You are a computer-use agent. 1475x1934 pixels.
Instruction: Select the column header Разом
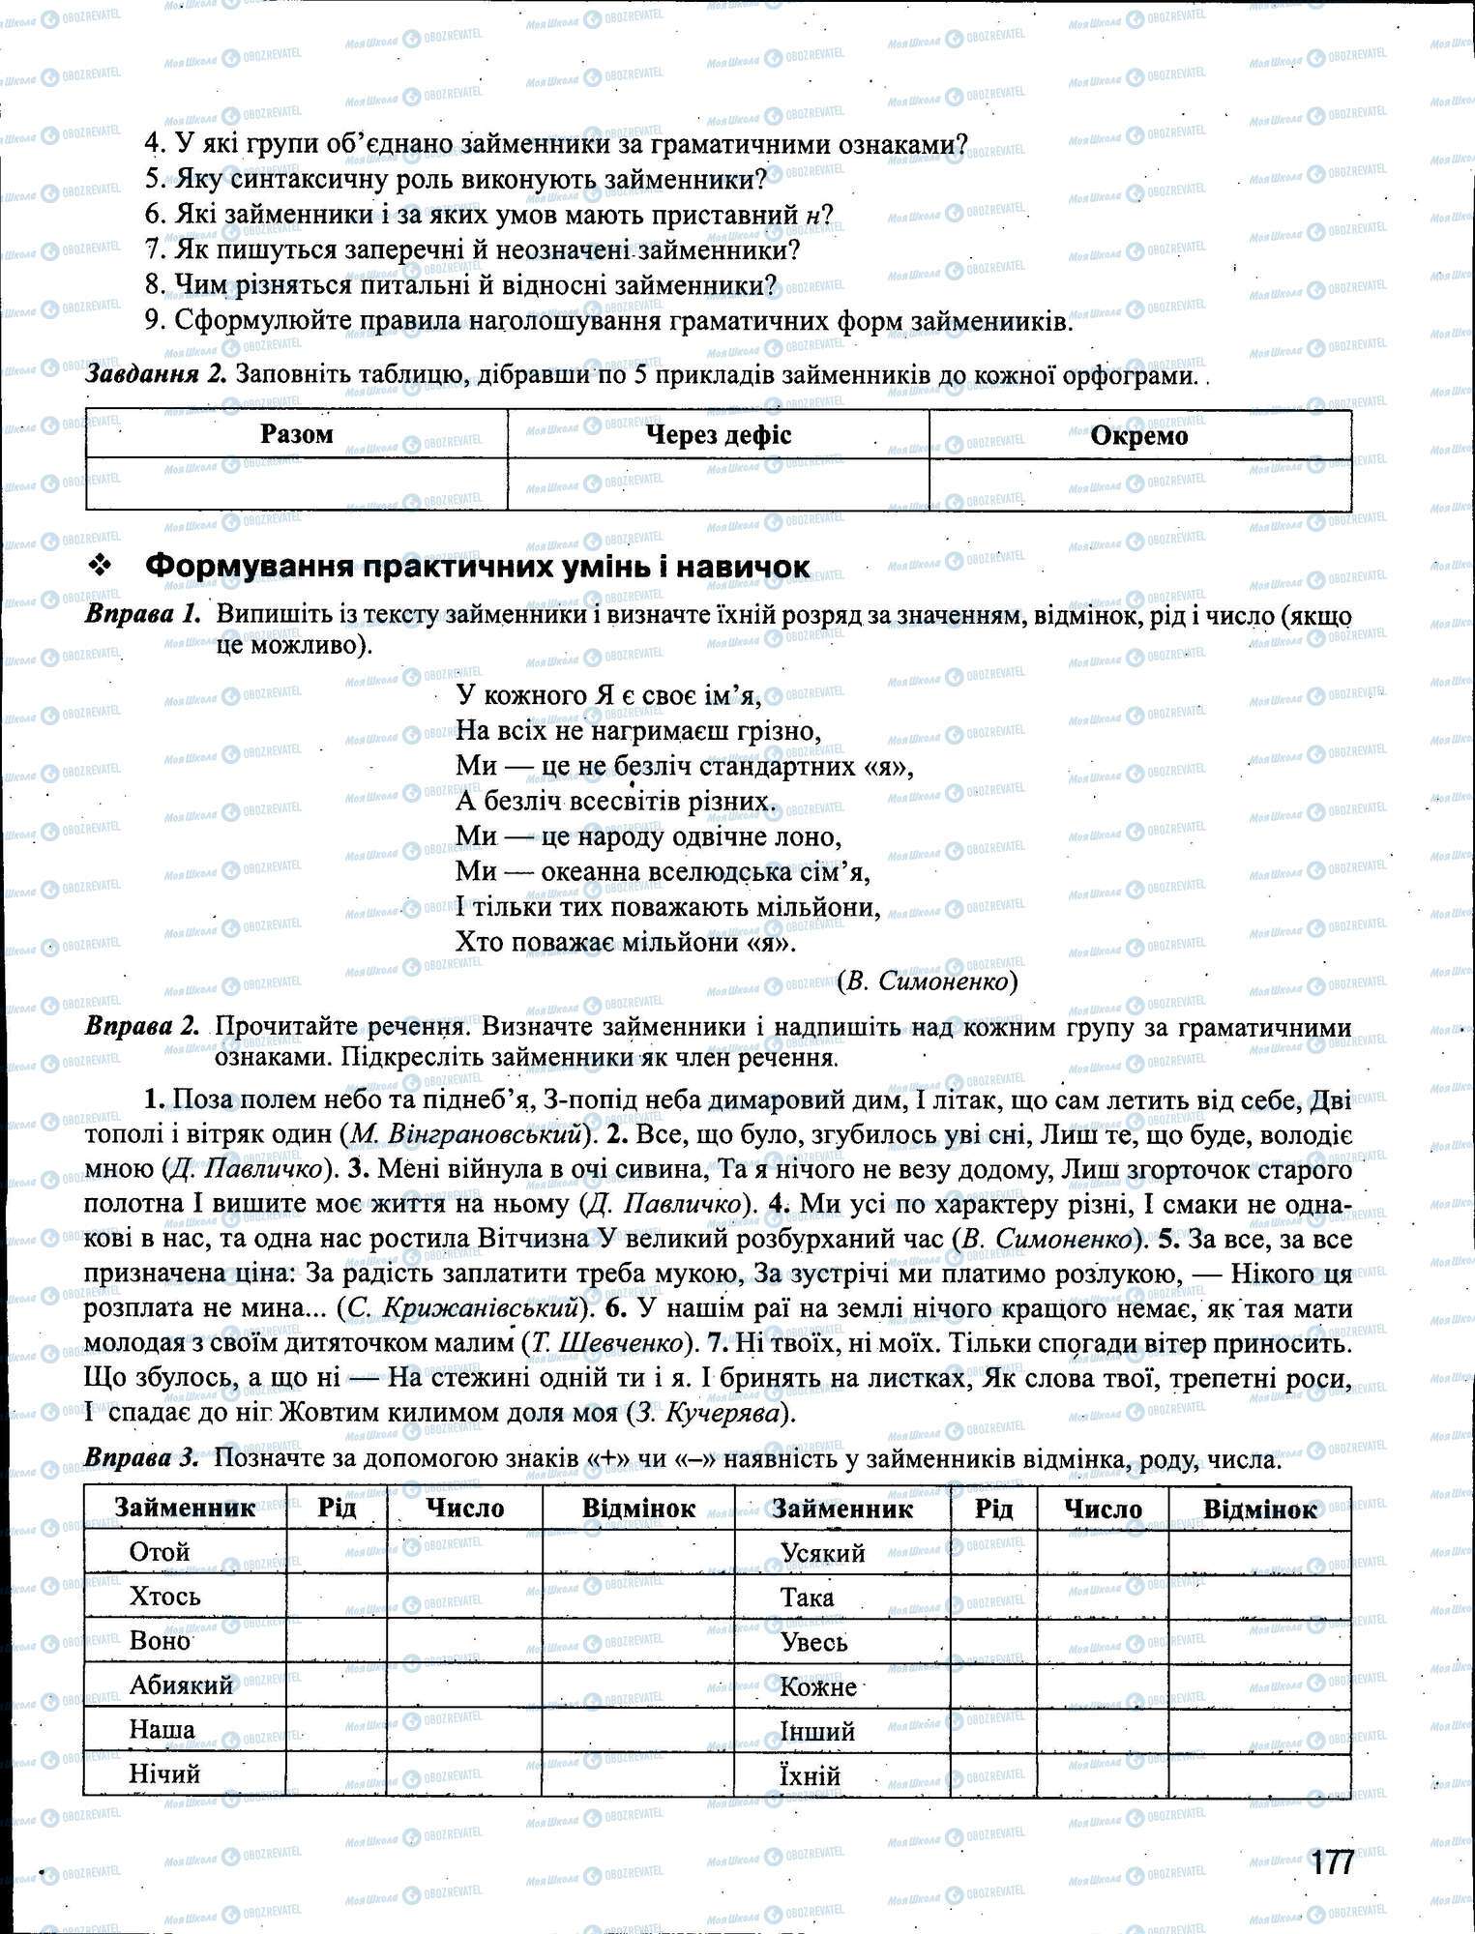pyautogui.click(x=296, y=434)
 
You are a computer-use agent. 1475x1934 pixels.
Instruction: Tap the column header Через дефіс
pyautogui.click(x=718, y=435)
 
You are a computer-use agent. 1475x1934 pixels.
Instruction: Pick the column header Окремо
pyautogui.click(x=1138, y=436)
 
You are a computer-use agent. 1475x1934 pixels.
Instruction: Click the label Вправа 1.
pyautogui.click(x=142, y=614)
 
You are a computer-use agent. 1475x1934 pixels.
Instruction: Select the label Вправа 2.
pyautogui.click(x=142, y=1027)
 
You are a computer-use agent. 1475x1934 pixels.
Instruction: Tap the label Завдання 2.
pyautogui.click(x=155, y=374)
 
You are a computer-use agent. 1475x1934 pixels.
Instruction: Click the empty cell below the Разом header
pyautogui.click(x=296, y=483)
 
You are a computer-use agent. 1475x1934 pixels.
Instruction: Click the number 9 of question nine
pyautogui.click(x=152, y=321)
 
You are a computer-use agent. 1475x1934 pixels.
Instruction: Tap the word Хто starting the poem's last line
pyautogui.click(x=477, y=941)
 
